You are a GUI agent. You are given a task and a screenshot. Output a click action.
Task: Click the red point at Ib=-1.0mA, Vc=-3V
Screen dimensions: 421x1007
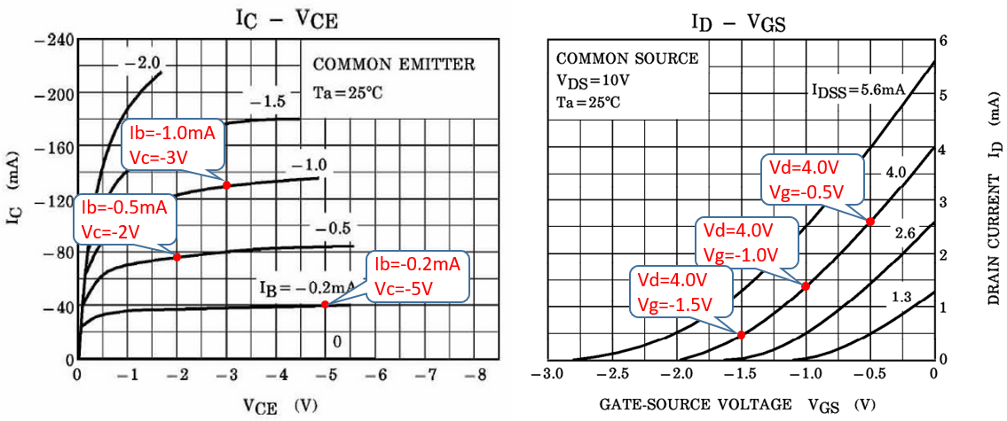click(226, 184)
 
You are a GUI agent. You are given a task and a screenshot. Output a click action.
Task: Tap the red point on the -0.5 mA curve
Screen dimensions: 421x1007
click(177, 256)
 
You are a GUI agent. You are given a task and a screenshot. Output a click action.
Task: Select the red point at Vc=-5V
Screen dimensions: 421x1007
click(325, 304)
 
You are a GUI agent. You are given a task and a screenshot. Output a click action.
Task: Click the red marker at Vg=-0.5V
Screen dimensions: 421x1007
click(870, 221)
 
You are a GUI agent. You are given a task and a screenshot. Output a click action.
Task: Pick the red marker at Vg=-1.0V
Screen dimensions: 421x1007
click(806, 285)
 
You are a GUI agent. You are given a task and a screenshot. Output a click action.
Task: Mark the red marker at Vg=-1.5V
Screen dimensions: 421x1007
click(741, 334)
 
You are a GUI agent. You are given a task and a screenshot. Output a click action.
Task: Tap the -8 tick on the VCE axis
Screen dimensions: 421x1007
click(479, 375)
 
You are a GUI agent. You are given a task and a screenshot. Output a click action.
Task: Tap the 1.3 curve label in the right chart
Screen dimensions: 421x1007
click(901, 298)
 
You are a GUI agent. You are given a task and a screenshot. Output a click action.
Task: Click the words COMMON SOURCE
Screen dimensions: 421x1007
click(627, 59)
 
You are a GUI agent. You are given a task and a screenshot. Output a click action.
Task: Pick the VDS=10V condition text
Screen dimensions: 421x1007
click(594, 81)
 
